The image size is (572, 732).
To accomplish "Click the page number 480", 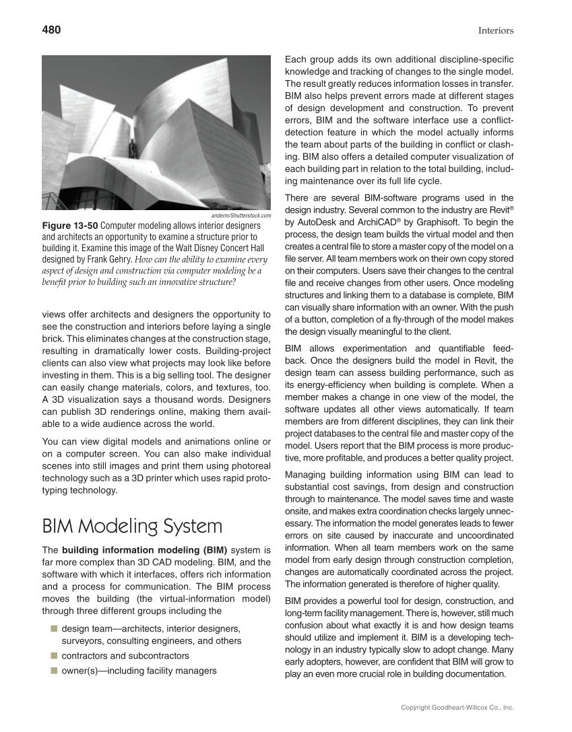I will pos(51,30).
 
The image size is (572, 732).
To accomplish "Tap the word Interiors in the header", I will pos(496,30).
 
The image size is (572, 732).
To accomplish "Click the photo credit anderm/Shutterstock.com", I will pos(241,215).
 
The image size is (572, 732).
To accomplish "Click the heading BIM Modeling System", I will pos(131,526).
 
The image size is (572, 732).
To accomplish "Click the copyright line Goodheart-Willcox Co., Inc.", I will pos(457,708).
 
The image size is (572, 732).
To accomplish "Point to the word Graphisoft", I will pos(434,222).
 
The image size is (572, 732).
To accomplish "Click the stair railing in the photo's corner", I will pos(54,200).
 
